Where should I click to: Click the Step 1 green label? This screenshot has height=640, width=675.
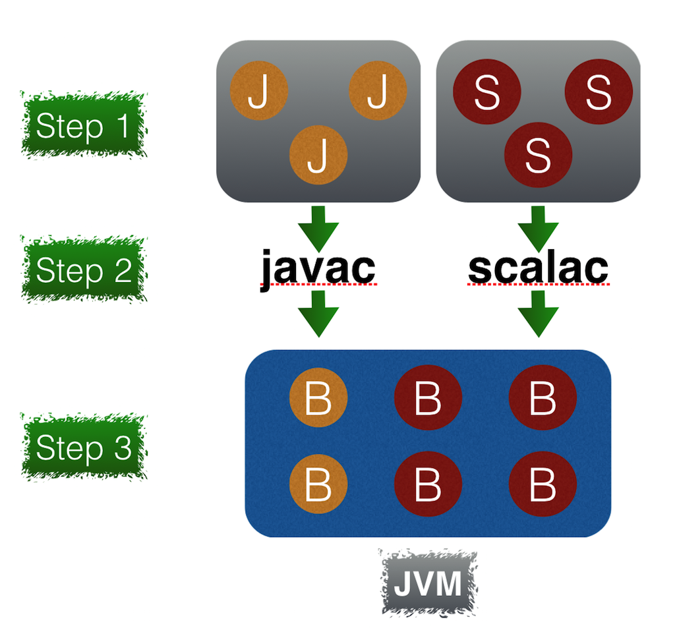83,126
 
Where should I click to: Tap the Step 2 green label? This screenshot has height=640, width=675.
83,270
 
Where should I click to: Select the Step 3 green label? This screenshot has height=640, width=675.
83,448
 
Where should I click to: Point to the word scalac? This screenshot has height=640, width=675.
538,267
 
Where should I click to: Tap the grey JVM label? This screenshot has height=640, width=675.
428,584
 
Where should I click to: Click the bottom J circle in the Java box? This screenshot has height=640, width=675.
318,156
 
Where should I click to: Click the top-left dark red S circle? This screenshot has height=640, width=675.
486,92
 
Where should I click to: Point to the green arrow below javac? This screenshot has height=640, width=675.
318,314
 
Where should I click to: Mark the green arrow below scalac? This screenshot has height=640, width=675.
538,314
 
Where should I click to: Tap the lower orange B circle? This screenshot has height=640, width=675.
318,484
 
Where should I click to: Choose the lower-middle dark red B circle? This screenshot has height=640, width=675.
428,484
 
